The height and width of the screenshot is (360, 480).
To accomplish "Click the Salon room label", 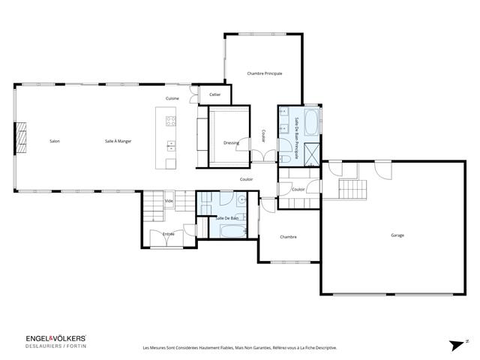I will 55,141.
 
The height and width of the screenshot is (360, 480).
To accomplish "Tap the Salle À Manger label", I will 118,141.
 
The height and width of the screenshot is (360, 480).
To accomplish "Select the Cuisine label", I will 172,99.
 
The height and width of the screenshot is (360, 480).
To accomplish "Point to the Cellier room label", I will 215,94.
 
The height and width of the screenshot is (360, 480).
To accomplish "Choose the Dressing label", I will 231,142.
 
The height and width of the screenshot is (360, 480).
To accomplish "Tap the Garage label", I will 397,235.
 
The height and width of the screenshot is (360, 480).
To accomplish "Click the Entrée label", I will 169,234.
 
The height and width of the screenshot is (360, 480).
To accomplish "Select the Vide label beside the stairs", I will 169,201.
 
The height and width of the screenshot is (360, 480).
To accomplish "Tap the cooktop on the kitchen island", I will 170,121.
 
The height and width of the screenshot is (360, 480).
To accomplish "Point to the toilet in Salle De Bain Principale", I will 286,160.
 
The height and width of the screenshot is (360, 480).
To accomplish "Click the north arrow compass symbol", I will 456,345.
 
